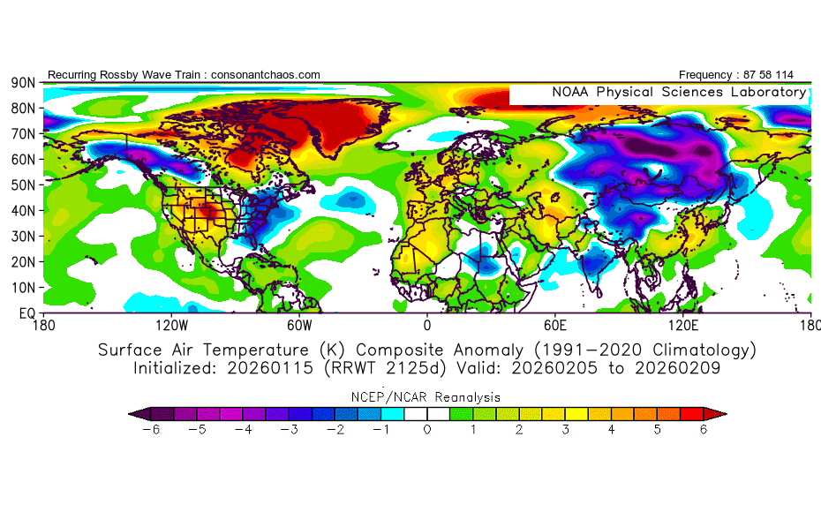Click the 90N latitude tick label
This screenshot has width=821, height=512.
23,83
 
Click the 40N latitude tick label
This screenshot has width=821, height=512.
23,211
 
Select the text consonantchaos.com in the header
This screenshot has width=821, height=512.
266,75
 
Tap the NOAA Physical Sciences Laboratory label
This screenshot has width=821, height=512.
678,92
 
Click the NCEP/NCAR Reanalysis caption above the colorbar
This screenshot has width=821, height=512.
426,397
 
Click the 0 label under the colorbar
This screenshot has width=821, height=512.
426,430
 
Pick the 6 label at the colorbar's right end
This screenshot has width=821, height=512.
704,430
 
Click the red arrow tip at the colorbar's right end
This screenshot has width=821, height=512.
720,413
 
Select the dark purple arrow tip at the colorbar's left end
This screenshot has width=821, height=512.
134,413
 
